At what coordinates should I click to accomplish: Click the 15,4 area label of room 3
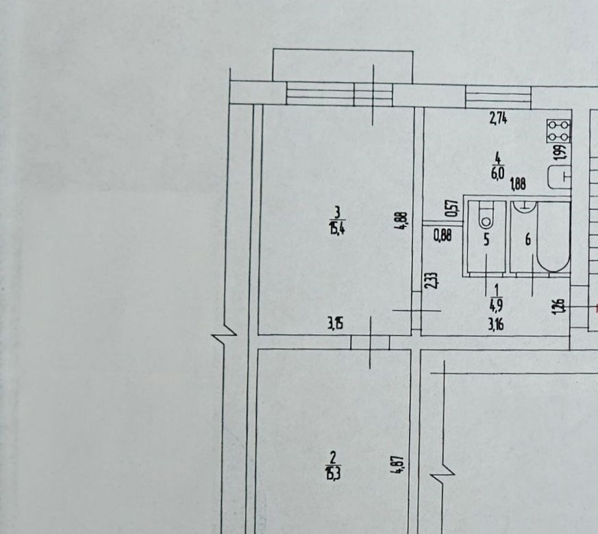pos(337,230)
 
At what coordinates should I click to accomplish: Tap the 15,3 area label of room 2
pos(332,474)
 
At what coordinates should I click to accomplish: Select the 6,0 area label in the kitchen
pos(498,173)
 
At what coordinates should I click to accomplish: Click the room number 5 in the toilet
pos(486,240)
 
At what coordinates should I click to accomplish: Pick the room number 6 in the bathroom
pos(528,240)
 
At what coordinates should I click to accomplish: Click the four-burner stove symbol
pos(559,131)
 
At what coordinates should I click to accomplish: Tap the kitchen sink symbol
pos(559,177)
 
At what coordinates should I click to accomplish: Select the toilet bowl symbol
pos(486,216)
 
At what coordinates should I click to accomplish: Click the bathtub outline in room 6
pos(553,237)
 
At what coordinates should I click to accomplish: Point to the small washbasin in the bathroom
pos(525,206)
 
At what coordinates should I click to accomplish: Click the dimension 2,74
pos(498,119)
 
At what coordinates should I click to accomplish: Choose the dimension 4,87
pos(397,465)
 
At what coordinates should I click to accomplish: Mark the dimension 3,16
pos(496,325)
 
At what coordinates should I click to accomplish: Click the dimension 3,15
pos(336,324)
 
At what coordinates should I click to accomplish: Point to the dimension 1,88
pos(518,184)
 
